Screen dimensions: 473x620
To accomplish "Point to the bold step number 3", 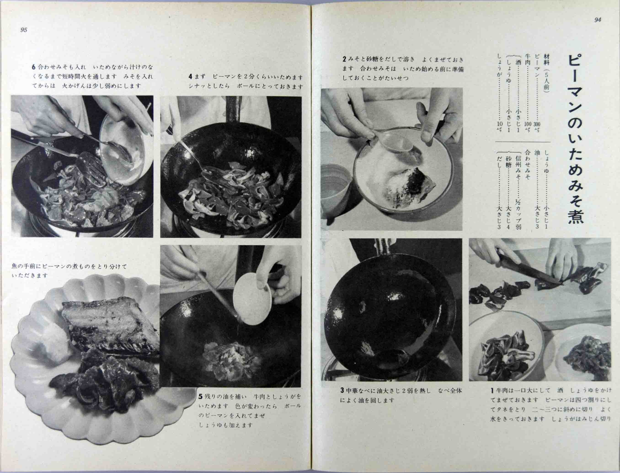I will tap(342, 391).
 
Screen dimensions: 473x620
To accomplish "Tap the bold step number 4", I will tap(190, 77).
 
